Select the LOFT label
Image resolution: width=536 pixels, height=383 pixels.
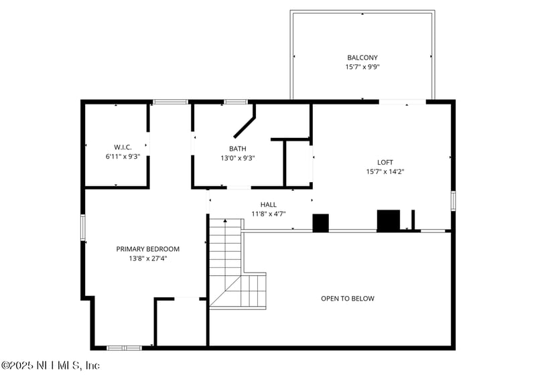click(385, 162)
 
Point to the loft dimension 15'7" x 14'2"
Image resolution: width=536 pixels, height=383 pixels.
click(385, 171)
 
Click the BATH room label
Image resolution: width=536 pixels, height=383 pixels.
click(238, 149)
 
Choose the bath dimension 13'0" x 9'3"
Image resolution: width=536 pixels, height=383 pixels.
click(238, 158)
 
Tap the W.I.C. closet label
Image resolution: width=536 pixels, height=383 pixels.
click(123, 147)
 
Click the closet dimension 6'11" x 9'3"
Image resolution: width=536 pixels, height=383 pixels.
click(123, 156)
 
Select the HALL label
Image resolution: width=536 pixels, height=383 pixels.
click(269, 205)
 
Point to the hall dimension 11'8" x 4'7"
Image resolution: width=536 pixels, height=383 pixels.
click(269, 214)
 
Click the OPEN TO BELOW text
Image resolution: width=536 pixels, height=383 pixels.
click(348, 299)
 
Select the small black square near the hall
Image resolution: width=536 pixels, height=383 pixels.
click(321, 223)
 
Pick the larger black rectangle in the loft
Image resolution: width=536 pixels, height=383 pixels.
click(388, 221)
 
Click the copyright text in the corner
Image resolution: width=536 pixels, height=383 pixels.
click(50, 366)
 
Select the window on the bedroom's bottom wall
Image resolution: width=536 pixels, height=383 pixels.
click(125, 348)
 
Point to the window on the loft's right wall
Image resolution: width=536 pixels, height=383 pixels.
click(454, 200)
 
